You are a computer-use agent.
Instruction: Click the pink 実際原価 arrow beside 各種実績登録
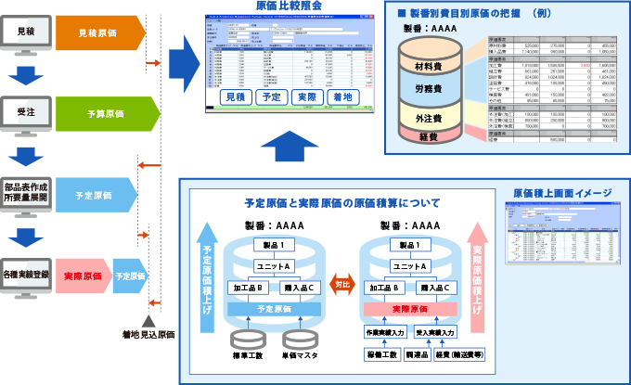(82, 276)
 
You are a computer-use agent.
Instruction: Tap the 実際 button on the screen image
(303, 96)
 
